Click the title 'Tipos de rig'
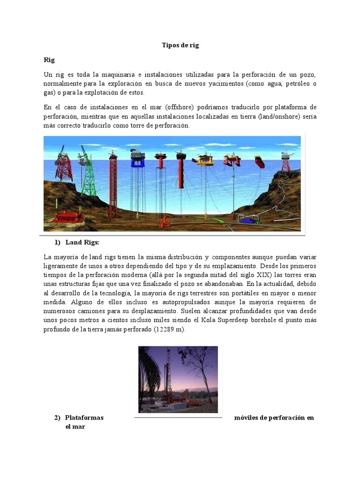tap(180, 45)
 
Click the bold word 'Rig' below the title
tap(50, 60)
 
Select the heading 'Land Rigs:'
tap(82, 242)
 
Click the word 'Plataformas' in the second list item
tap(84, 418)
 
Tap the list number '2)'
tap(58, 418)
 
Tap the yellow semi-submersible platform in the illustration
tap(205, 161)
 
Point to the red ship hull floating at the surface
tap(259, 162)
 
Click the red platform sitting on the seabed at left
tap(68, 216)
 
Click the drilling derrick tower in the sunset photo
tap(169, 375)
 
